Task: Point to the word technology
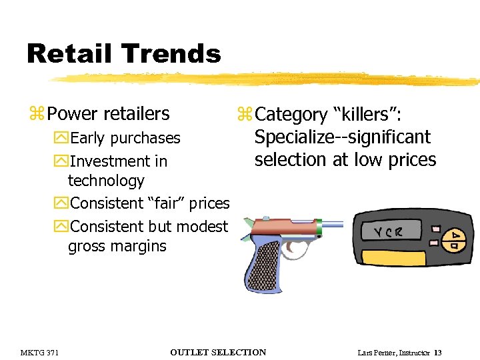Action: [106, 181]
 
